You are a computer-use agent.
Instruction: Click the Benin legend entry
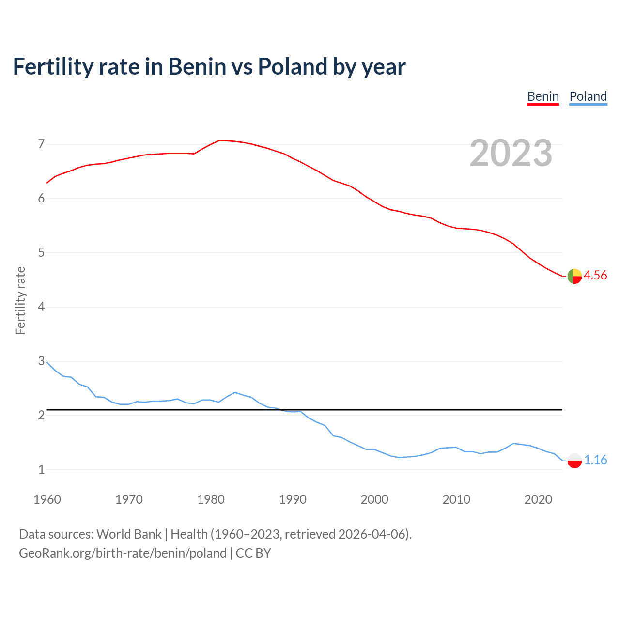pos(543,96)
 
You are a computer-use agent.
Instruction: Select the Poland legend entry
pos(588,96)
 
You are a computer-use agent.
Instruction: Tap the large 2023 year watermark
pos(511,153)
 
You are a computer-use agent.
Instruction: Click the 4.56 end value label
pos(595,275)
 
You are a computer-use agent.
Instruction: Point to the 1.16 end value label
pos(595,460)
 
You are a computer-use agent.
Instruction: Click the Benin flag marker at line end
pos(574,276)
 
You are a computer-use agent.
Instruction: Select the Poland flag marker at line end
pos(574,460)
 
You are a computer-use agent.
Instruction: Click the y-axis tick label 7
pos(41,144)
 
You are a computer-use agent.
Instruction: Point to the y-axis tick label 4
pos(41,307)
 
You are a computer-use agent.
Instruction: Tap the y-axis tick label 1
pos(41,469)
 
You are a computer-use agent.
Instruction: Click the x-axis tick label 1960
pos(47,499)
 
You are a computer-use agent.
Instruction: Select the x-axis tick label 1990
pos(293,499)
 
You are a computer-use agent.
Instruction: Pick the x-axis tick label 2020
pos(538,499)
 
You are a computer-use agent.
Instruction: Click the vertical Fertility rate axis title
pos(20,300)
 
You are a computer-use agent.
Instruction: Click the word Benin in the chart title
pos(197,66)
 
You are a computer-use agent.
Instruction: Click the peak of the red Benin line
pos(222,140)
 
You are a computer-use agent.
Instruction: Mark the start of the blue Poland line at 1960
pos(47,362)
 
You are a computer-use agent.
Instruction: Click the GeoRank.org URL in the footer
pos(123,553)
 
